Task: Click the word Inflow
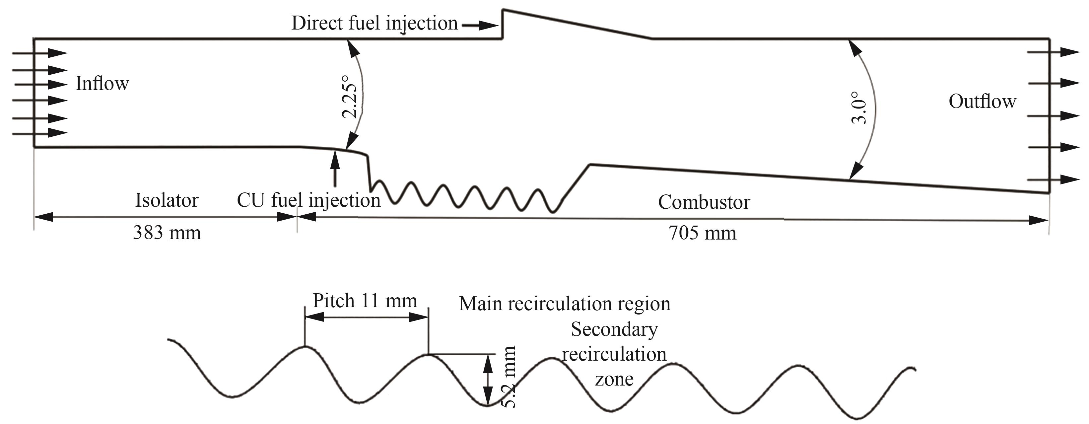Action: [102, 83]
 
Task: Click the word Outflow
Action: [982, 102]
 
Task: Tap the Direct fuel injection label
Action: [374, 24]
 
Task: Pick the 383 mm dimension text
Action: [167, 233]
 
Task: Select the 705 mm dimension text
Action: [702, 233]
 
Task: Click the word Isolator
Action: [167, 200]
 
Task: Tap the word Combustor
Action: [704, 202]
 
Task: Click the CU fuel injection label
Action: [308, 200]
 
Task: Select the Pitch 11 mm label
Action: [365, 301]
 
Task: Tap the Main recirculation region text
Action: [565, 304]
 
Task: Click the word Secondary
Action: [614, 329]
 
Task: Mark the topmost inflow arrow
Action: [40, 53]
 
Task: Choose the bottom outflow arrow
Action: [1053, 180]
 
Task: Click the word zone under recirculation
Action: [614, 379]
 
